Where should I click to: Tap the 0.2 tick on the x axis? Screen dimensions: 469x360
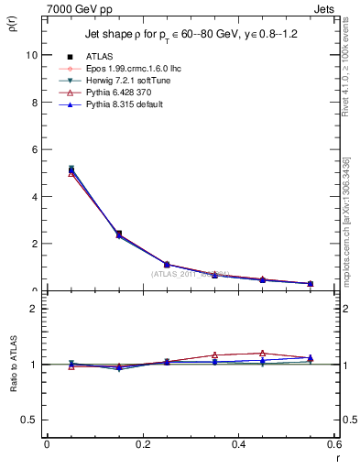pyautogui.click(x=142, y=444)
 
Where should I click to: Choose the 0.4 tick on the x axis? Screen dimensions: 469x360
pyautogui.click(x=238, y=444)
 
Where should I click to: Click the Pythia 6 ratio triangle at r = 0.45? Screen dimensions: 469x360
pyautogui.click(x=263, y=353)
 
